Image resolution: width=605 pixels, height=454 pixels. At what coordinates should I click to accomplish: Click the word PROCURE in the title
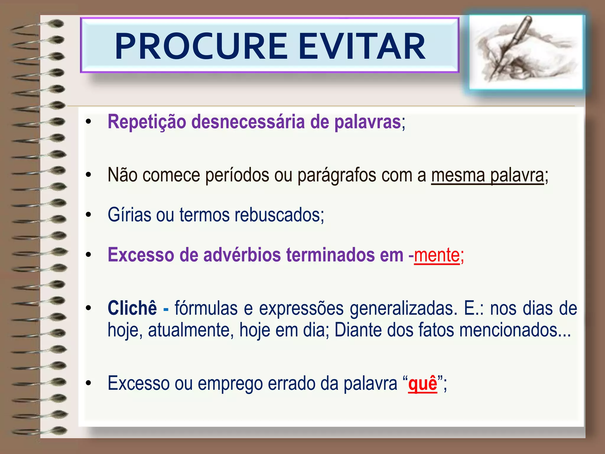(x=201, y=46)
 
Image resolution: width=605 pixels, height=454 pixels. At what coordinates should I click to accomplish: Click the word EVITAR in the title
(x=362, y=46)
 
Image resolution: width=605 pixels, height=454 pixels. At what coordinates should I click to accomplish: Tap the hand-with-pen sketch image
(x=526, y=52)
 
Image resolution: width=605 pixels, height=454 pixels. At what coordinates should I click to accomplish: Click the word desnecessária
(x=248, y=122)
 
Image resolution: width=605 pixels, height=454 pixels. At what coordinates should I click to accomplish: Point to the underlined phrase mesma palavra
(x=487, y=175)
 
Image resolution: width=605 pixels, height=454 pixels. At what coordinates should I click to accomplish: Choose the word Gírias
(x=129, y=215)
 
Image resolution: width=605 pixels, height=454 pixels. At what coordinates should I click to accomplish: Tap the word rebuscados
(x=279, y=215)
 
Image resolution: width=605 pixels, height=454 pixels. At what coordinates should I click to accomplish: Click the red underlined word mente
(x=437, y=255)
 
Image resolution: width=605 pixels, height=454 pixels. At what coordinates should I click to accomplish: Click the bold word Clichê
(x=132, y=308)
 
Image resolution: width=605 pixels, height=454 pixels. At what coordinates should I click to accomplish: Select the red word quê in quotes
(x=422, y=384)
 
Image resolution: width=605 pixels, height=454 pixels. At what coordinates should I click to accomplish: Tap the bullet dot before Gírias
(x=88, y=215)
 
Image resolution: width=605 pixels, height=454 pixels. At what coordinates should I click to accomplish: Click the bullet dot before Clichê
(x=88, y=308)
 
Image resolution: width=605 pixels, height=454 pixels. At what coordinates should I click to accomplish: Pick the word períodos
(x=237, y=176)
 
